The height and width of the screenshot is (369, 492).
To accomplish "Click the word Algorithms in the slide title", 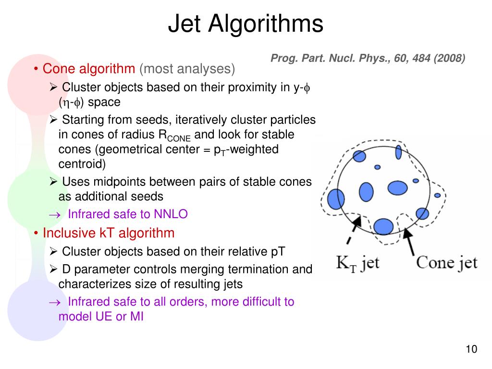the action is pos(266,25).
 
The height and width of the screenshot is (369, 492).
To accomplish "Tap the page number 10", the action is pos(471,349).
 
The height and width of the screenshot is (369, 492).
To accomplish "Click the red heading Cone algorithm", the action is pos(89,69).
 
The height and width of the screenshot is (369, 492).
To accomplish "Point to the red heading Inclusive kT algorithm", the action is pos(109,234).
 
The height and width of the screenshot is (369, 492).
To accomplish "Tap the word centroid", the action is pos(81,164).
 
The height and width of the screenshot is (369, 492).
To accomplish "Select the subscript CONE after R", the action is pos(179,138).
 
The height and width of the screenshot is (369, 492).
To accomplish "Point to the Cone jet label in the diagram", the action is pos(446,262).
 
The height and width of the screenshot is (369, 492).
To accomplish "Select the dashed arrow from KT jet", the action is pos(353,233).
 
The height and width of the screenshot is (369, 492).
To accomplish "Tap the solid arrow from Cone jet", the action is pos(409,242).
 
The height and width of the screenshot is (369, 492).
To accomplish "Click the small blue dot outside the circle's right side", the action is pos(437,196).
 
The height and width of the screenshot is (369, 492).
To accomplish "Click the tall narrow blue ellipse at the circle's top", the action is pos(398,152).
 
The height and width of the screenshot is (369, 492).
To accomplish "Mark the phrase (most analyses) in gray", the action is pos(187,69).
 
